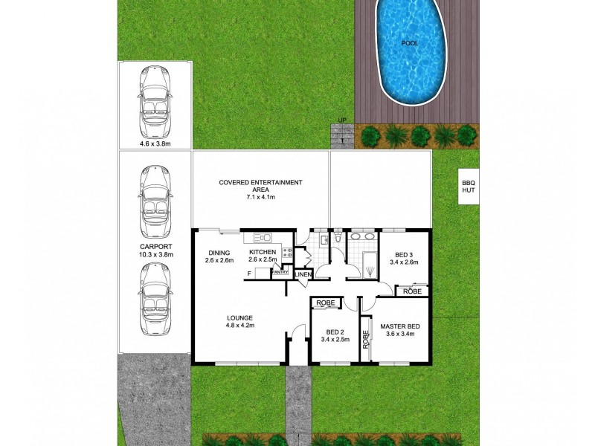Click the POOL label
[x=409, y=43]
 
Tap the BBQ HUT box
[x=468, y=186]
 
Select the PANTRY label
[x=280, y=273]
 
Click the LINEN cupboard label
[x=303, y=275]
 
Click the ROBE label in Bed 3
[x=412, y=291]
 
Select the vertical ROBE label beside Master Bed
[x=366, y=339]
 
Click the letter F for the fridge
[x=249, y=274]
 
